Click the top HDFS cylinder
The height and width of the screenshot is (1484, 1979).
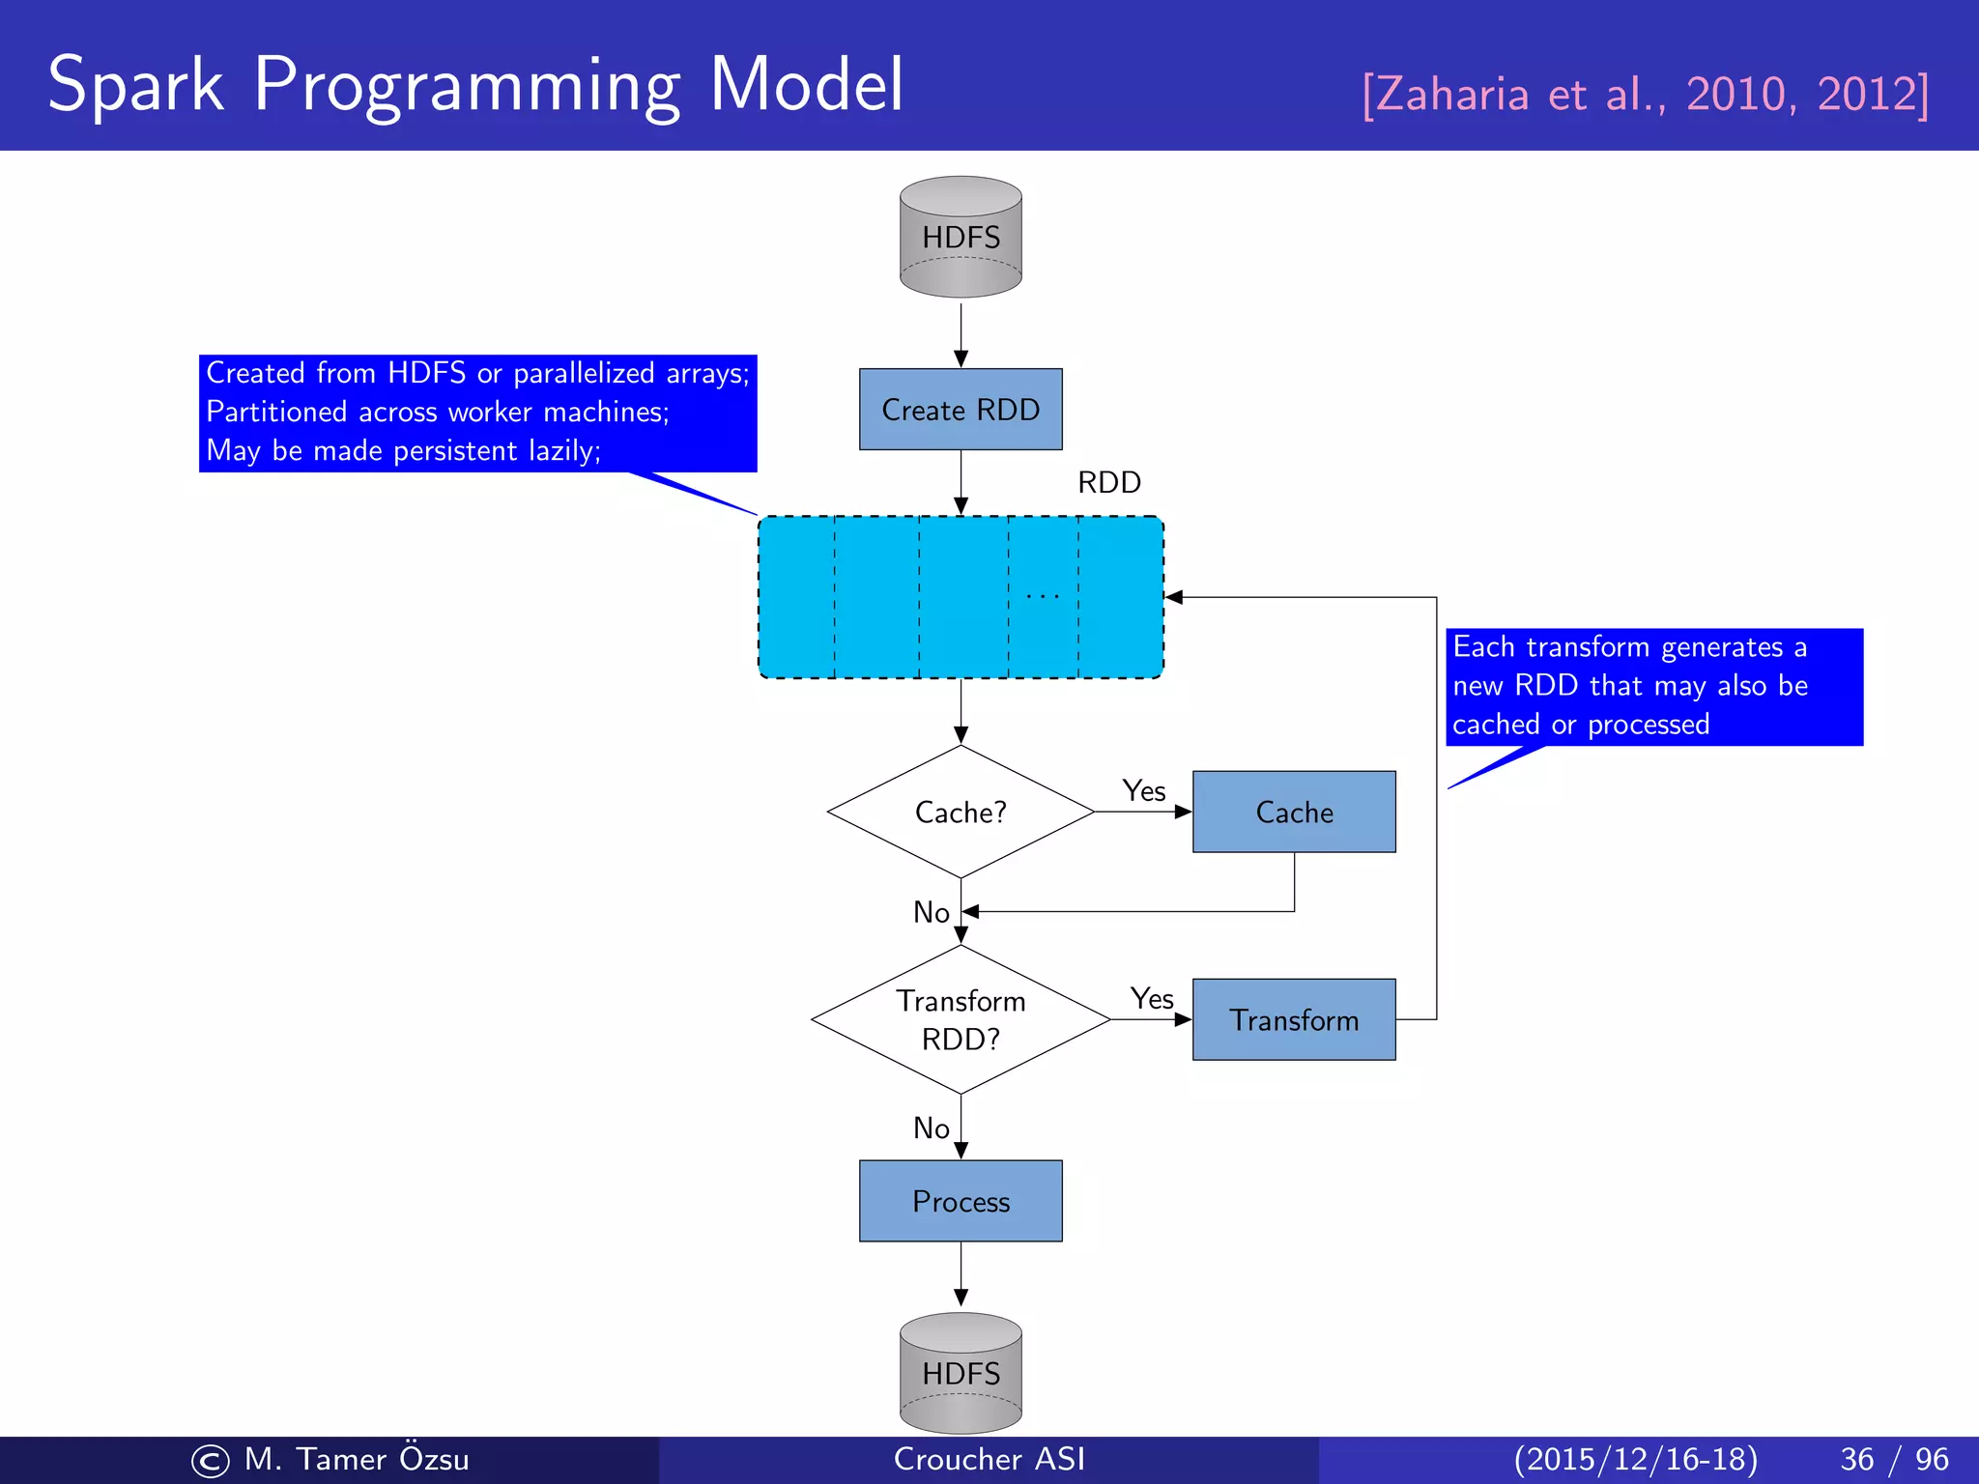coord(961,237)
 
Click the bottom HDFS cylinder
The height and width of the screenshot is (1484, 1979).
coord(961,1373)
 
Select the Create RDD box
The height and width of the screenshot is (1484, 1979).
coord(961,410)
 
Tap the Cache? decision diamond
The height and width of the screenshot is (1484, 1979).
coord(961,812)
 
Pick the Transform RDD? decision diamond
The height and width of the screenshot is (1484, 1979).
coord(961,1019)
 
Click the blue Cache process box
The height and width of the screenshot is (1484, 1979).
coord(1294,812)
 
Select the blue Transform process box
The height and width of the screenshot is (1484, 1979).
coord(1294,1019)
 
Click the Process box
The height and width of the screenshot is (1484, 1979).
coord(961,1201)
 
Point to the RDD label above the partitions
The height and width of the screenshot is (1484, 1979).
coord(1109,482)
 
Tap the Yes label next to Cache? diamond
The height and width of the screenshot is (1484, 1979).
coord(1144,791)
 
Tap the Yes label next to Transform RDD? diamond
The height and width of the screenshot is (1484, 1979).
coord(1152,999)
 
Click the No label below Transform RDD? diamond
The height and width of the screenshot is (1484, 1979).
coord(932,1128)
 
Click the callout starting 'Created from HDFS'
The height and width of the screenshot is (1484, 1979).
coord(477,413)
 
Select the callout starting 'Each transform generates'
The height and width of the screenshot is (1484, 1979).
coord(1653,686)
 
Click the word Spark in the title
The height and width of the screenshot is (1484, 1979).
coord(135,87)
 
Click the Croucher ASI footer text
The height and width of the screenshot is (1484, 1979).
coord(989,1459)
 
